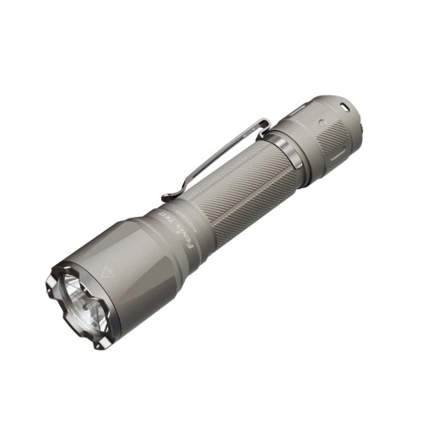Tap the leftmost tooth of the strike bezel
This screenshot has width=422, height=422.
point(49,290)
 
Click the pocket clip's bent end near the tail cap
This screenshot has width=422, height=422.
point(263,126)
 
